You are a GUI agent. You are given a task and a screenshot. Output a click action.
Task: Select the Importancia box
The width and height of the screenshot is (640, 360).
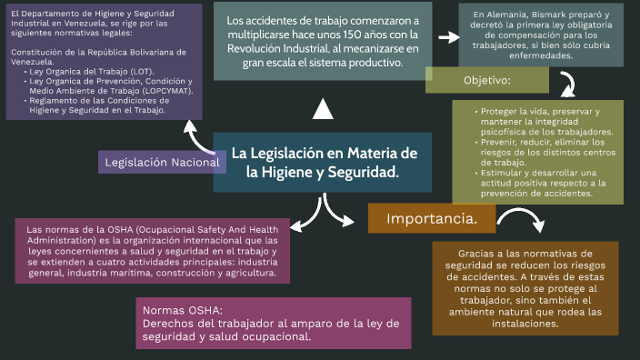click(432, 219)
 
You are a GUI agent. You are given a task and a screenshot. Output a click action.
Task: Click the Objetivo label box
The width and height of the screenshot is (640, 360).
click(486, 81)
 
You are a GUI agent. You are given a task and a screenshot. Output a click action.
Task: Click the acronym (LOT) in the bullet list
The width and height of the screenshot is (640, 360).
click(140, 71)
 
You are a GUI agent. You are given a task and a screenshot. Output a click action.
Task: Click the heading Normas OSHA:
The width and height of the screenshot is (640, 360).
click(183, 311)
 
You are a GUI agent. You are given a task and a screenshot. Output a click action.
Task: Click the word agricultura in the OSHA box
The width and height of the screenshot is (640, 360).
click(243, 271)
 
